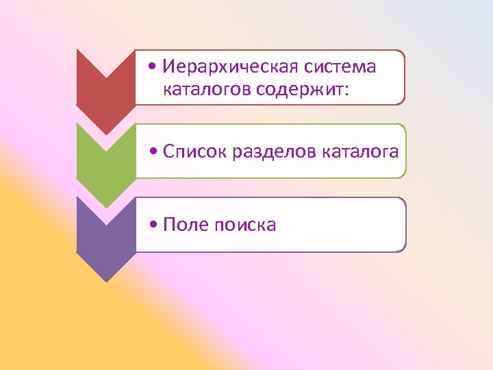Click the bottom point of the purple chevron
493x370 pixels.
(x=105, y=281)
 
